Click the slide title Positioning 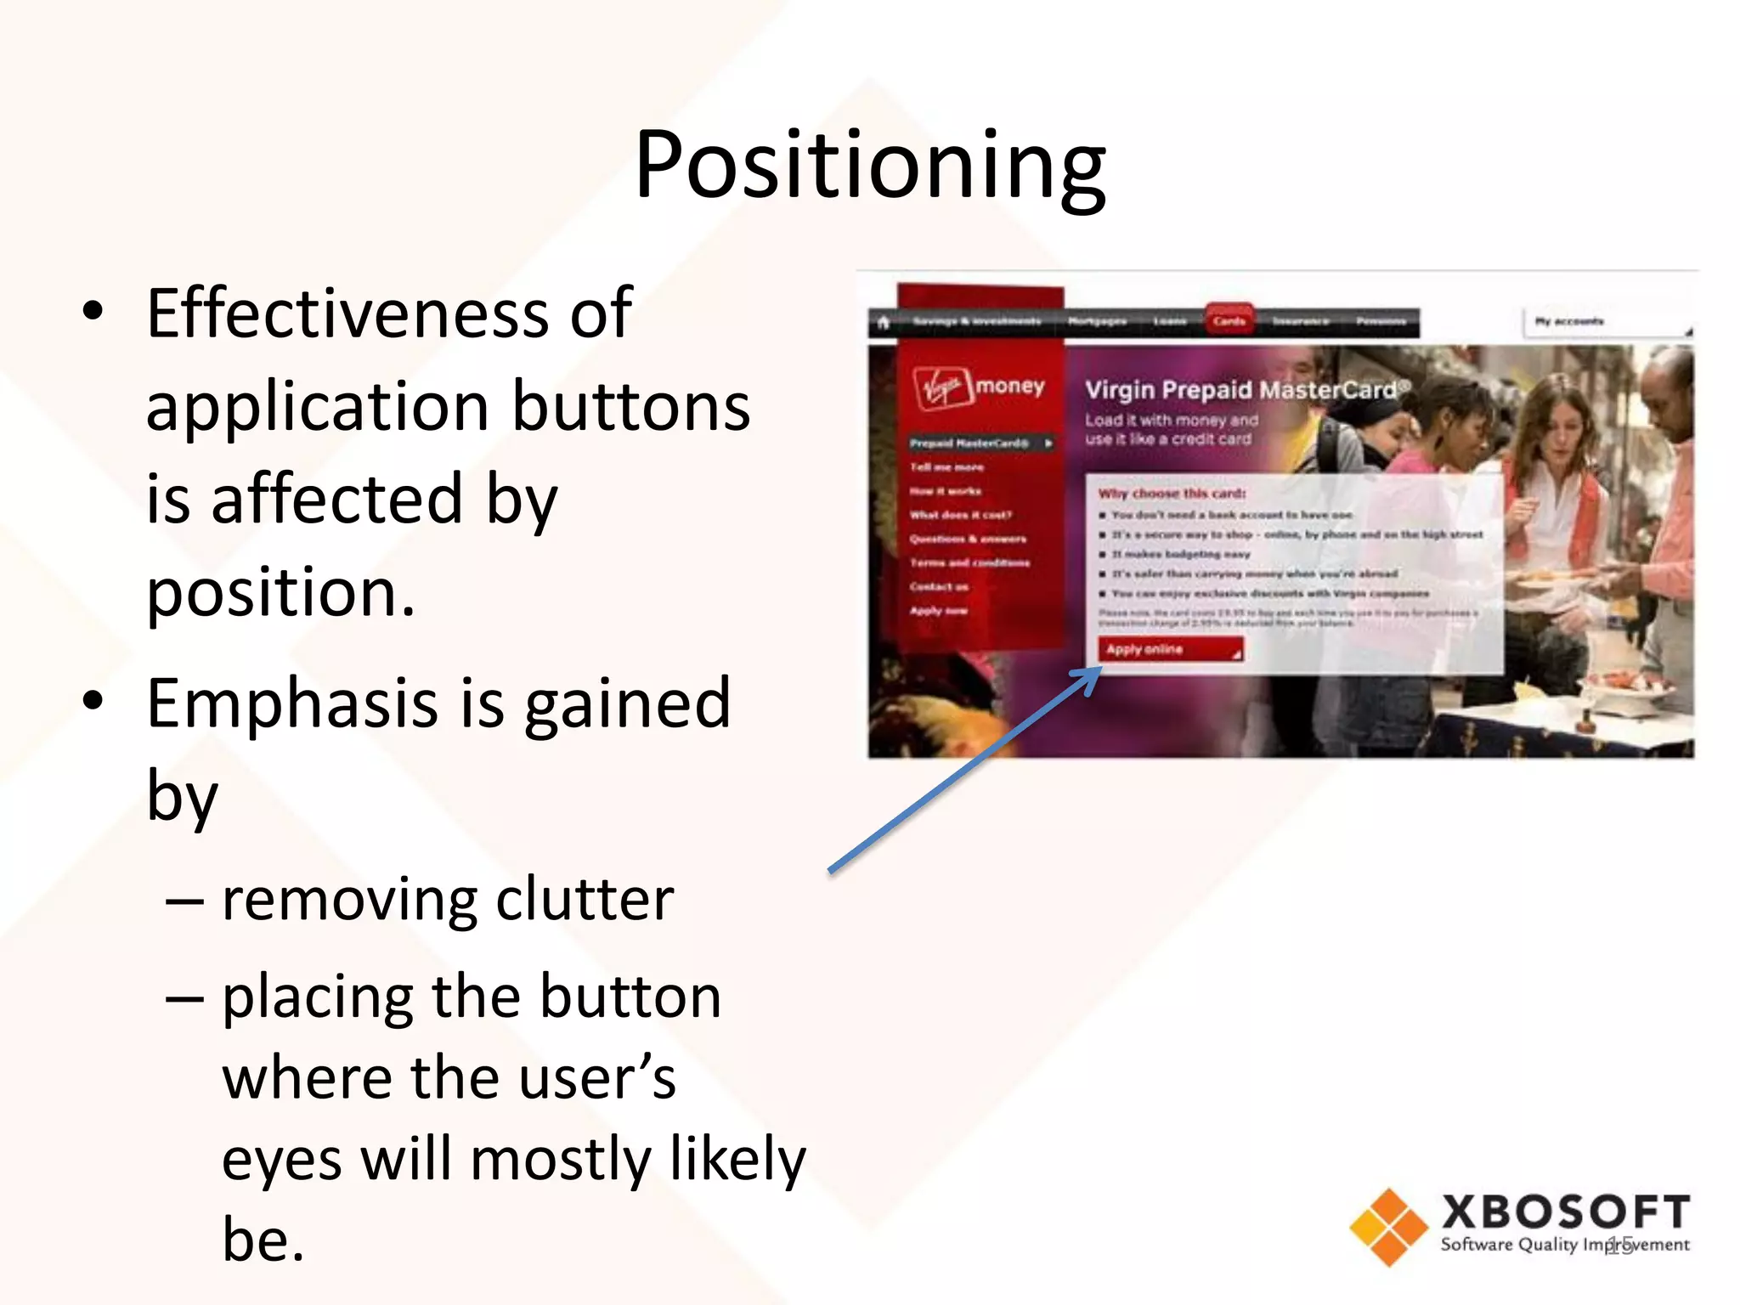point(870,166)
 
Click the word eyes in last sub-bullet point(280,1161)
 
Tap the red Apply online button point(1169,649)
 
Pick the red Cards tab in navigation point(1229,321)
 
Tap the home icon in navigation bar point(884,322)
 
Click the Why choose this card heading point(1172,494)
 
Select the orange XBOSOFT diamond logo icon point(1388,1227)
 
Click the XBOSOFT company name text point(1565,1212)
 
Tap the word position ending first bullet point(280,592)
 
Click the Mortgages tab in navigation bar point(1097,321)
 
